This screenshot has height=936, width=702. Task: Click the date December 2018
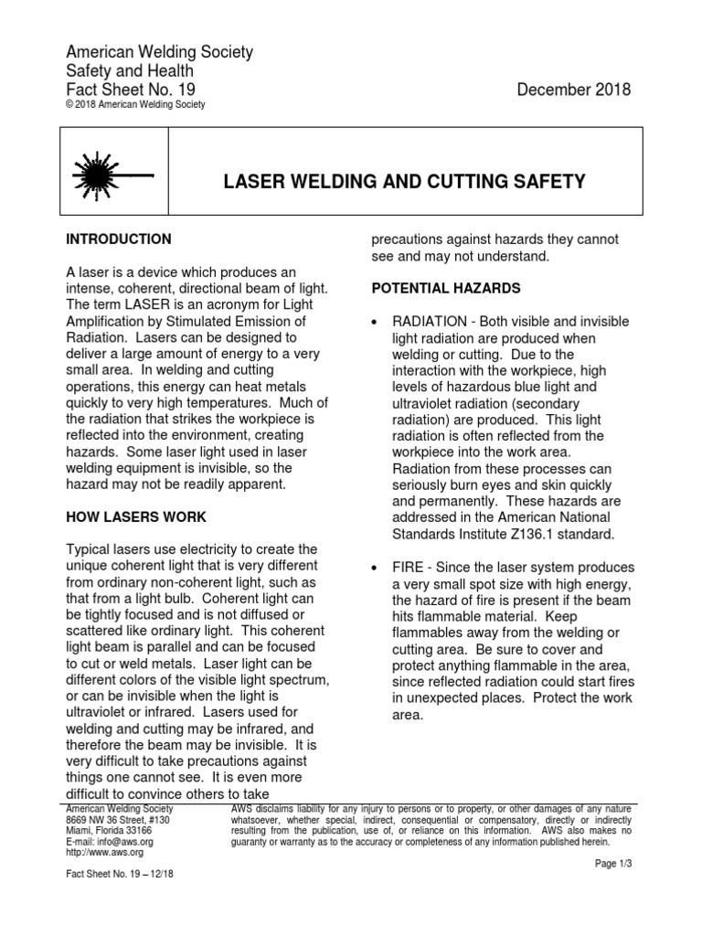(573, 90)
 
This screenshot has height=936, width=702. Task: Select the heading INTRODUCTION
(119, 239)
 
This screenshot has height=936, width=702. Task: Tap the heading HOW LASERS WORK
(136, 517)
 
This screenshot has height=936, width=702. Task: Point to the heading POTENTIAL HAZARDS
(446, 289)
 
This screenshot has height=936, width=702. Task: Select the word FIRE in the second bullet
(409, 568)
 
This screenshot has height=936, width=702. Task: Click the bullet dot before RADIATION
(376, 322)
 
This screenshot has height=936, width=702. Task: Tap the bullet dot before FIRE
(376, 569)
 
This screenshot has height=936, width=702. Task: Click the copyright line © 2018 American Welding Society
(136, 105)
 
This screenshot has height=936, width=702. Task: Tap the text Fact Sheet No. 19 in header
(131, 90)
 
